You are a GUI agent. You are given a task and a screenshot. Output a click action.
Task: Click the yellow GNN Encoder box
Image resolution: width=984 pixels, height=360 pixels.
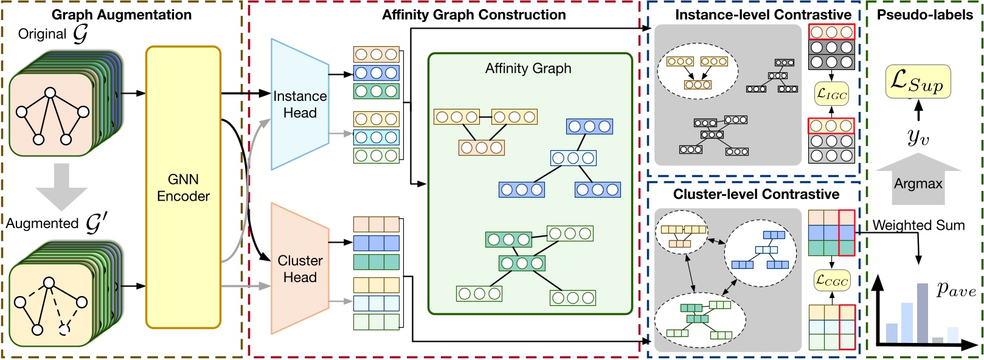[183, 187]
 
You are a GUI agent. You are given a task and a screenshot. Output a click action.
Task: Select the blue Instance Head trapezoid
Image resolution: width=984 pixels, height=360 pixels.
[299, 105]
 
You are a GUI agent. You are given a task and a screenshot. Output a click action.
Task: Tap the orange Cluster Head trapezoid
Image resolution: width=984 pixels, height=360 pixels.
[299, 269]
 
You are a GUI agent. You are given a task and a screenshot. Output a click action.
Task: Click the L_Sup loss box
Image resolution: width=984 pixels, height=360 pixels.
[918, 82]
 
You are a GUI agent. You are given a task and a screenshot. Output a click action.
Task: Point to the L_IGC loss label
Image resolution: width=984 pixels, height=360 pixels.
[831, 94]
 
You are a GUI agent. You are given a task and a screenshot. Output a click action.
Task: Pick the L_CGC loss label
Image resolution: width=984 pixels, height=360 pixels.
[831, 281]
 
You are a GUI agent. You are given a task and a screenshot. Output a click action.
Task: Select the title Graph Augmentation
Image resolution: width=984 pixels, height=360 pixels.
[122, 15]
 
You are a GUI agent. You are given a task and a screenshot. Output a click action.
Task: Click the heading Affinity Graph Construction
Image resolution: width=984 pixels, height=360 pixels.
[474, 15]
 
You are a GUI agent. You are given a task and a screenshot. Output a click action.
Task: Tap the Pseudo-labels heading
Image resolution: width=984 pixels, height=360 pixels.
[924, 15]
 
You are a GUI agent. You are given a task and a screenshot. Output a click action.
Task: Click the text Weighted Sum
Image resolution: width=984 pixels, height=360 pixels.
[918, 226]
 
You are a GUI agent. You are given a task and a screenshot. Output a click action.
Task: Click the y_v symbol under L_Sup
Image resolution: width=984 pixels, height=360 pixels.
[918, 138]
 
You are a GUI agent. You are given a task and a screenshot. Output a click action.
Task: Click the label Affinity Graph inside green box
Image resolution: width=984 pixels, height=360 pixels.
[528, 69]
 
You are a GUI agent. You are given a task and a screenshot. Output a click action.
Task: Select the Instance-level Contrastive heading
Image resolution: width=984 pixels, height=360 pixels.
[763, 15]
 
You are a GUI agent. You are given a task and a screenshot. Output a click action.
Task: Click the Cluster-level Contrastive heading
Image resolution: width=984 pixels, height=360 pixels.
[756, 194]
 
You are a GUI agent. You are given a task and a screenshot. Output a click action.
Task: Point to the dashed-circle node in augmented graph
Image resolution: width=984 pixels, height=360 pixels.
[65, 330]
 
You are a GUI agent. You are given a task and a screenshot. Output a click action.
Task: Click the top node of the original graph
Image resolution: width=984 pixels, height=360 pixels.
[51, 93]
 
